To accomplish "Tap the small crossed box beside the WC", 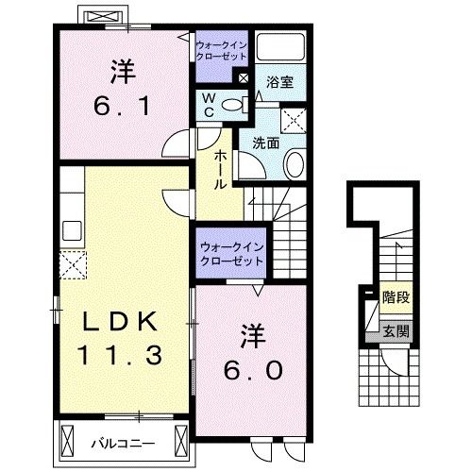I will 244,78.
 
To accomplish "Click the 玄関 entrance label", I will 396,330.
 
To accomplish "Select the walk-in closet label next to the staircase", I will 231,254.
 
